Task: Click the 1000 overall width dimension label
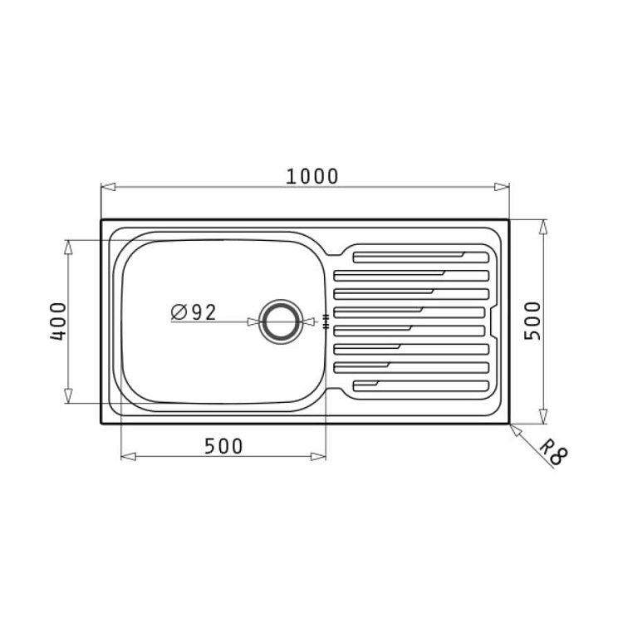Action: (311, 176)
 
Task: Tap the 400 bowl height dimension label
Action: (58, 321)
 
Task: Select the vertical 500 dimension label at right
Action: (532, 321)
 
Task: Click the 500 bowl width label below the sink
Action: (223, 446)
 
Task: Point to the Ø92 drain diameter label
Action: (194, 311)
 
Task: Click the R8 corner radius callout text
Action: (554, 452)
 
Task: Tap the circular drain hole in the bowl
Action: (281, 321)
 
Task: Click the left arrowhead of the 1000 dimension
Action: (108, 187)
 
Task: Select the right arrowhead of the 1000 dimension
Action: (502, 187)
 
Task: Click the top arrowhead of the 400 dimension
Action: (68, 248)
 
